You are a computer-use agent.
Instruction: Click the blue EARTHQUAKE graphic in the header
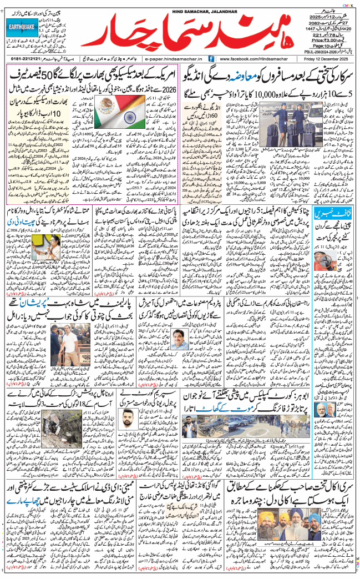pyautogui.click(x=23, y=26)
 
